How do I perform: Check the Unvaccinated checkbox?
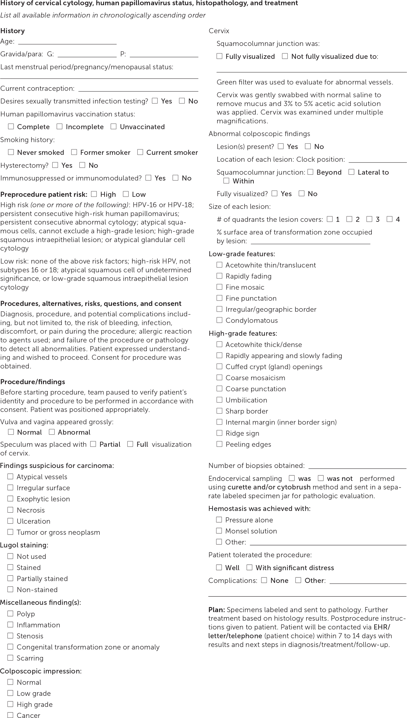[x=113, y=126]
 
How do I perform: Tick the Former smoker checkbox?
[x=74, y=152]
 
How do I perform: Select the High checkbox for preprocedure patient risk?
[x=94, y=194]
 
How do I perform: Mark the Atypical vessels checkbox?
[x=10, y=476]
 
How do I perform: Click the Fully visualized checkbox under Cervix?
[x=219, y=56]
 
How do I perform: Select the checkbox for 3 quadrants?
[x=369, y=219]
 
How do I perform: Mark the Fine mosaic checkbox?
[x=219, y=287]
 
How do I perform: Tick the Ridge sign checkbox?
[x=219, y=433]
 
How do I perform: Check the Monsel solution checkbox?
[x=219, y=531]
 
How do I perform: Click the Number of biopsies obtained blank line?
[x=357, y=466]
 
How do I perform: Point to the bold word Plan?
[x=217, y=610]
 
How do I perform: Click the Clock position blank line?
[x=377, y=160]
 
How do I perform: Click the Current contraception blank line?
[x=138, y=89]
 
